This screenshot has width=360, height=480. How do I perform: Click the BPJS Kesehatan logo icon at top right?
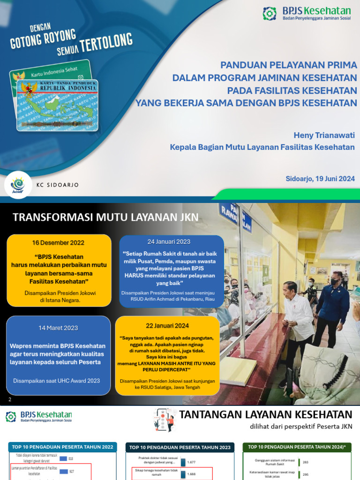[x=270, y=14]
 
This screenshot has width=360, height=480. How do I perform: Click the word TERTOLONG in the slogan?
[x=106, y=44]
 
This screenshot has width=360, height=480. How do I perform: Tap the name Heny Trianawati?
[x=324, y=135]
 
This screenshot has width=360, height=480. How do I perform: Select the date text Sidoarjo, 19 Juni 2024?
[x=320, y=179]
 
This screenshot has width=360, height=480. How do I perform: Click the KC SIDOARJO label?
[x=58, y=185]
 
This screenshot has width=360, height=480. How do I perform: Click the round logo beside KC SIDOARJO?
[x=21, y=185]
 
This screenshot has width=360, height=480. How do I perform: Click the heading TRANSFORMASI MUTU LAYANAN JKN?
[x=105, y=217]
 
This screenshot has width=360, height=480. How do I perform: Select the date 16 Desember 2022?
[x=58, y=243]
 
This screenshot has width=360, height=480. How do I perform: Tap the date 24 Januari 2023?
[x=169, y=242]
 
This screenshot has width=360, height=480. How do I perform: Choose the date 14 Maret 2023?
[x=58, y=328]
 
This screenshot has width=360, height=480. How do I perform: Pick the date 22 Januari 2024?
[x=167, y=326]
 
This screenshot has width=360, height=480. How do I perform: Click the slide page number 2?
[x=10, y=399]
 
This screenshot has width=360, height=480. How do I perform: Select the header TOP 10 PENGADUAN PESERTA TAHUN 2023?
[x=180, y=448]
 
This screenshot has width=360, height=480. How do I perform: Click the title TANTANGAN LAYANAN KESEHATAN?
[x=266, y=414]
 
